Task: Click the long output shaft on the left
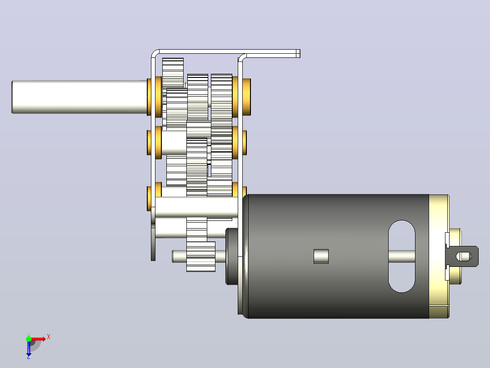[x=80, y=97]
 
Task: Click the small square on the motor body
[x=321, y=256]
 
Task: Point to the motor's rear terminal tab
[x=463, y=256]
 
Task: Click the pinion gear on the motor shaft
[x=201, y=256]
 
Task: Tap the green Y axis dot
[x=29, y=339]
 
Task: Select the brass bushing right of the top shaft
[x=246, y=97]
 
